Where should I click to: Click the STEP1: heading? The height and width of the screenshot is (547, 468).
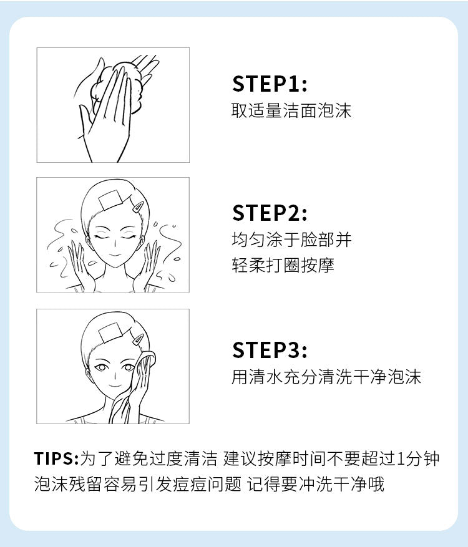[x=270, y=84]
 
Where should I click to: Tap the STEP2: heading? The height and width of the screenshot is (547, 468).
[x=270, y=213]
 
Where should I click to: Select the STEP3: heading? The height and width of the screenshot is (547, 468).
[x=270, y=350]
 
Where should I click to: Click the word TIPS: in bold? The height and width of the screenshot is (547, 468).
[x=57, y=458]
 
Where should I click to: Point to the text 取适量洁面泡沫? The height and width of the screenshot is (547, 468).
[x=291, y=110]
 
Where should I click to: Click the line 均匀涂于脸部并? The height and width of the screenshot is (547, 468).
[x=291, y=240]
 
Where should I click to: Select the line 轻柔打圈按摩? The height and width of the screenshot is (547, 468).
[x=283, y=266]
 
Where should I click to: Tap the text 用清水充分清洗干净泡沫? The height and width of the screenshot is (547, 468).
[x=326, y=377]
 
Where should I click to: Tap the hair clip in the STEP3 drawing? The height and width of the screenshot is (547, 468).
[x=137, y=339]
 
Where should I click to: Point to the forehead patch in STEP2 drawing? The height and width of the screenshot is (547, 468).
[x=110, y=200]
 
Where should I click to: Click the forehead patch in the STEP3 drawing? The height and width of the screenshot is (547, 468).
[x=110, y=332]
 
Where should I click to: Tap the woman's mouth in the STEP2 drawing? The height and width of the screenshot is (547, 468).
[x=115, y=254]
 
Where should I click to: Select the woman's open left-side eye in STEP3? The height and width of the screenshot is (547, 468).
[x=101, y=367]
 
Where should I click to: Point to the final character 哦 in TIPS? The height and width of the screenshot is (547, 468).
[x=376, y=484]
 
